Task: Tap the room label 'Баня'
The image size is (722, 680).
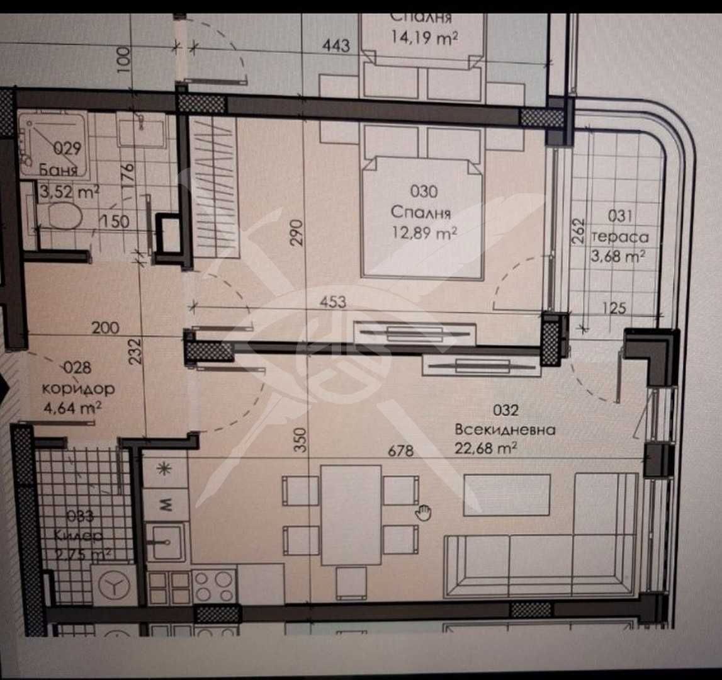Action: click(59, 170)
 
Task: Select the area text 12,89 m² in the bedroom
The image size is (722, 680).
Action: click(423, 232)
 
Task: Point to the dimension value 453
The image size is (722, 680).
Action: click(333, 302)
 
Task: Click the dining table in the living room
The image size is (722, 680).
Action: click(351, 514)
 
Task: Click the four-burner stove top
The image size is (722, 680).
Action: click(214, 587)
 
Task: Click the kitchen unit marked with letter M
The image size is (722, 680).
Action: click(166, 504)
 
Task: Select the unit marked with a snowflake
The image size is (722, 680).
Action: click(166, 470)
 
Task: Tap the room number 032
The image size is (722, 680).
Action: click(505, 411)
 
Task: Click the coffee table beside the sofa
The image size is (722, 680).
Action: click(507, 495)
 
